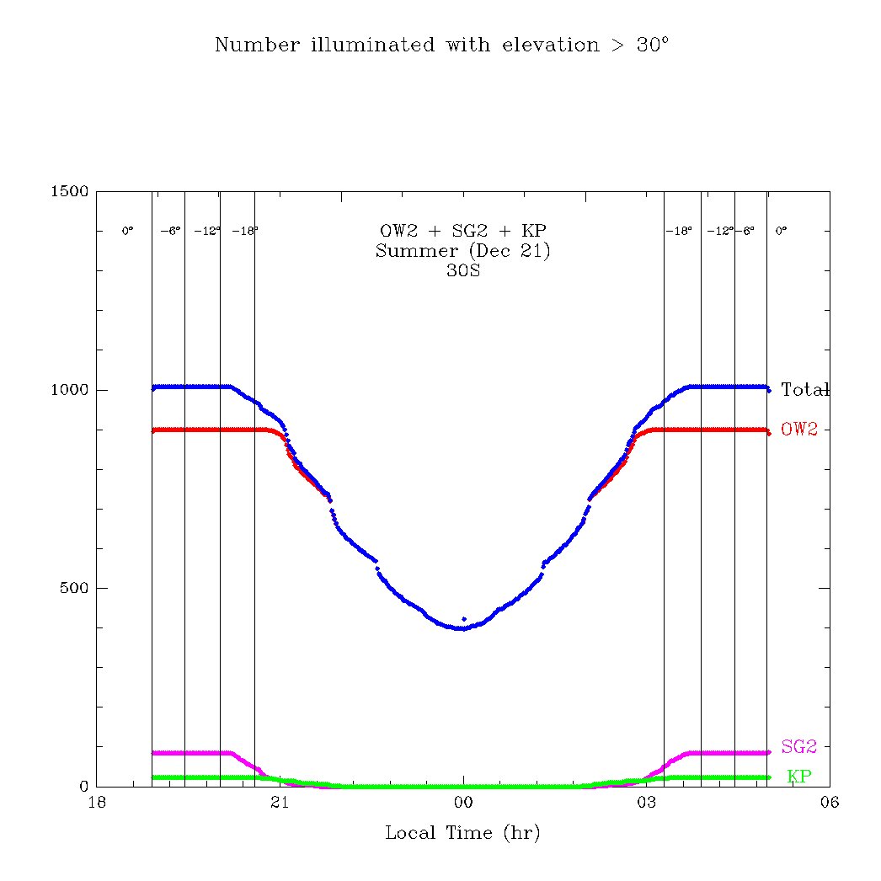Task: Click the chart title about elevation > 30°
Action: tap(441, 45)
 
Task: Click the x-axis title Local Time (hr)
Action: tap(462, 834)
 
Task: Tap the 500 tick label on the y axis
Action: tap(74, 588)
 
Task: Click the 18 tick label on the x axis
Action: tap(97, 804)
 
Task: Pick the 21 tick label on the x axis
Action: tap(280, 804)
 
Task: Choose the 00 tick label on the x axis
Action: tap(463, 804)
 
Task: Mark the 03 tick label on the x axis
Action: tap(646, 804)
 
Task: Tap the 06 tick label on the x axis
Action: tap(830, 804)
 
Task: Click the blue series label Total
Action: tap(804, 390)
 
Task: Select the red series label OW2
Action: tap(799, 430)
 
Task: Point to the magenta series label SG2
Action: tap(799, 746)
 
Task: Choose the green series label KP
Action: tap(799, 777)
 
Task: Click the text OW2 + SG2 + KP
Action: tap(463, 231)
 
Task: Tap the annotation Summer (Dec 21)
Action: tap(463, 251)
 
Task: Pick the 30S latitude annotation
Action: tap(463, 271)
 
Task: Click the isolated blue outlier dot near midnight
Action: tap(464, 619)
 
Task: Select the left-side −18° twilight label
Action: tap(245, 231)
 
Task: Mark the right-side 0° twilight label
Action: tap(781, 231)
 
